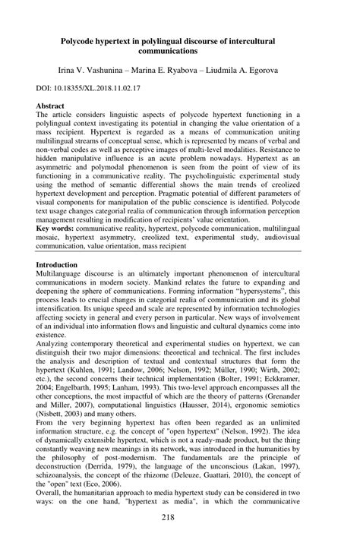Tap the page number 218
click(179, 538)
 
